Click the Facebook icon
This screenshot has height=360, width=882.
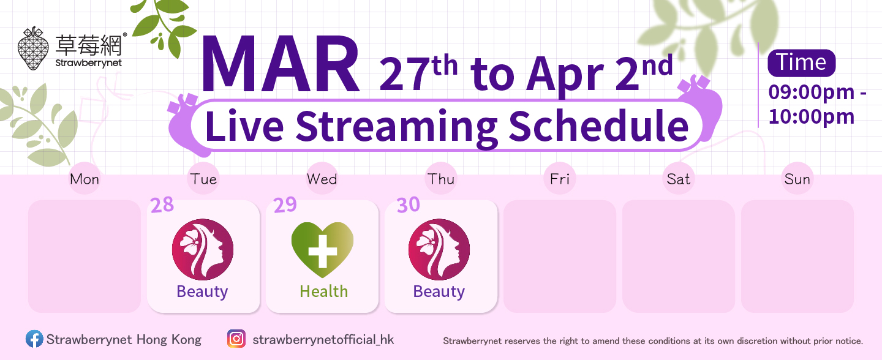pos(34,339)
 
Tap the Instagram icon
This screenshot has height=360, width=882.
pos(236,339)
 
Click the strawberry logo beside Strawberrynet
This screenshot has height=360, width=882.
pos(34,48)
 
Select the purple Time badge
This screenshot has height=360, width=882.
pos(801,63)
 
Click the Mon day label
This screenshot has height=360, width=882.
pos(85,179)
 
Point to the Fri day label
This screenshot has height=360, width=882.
pos(560,179)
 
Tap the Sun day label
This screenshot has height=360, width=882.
pos(797,179)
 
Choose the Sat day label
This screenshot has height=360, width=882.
pos(679,179)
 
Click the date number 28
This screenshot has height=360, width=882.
pos(162,205)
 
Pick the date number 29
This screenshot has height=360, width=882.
pos(285,205)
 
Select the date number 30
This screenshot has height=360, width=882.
pos(409,205)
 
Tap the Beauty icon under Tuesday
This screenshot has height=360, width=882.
pos(203,249)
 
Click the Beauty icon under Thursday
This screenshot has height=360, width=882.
pos(439,249)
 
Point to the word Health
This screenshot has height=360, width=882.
pos(323,291)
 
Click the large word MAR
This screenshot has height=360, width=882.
pos(281,64)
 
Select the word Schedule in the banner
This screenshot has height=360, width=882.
pos(598,126)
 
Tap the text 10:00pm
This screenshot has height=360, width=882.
pos(812,117)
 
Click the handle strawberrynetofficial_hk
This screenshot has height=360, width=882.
pos(323,340)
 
